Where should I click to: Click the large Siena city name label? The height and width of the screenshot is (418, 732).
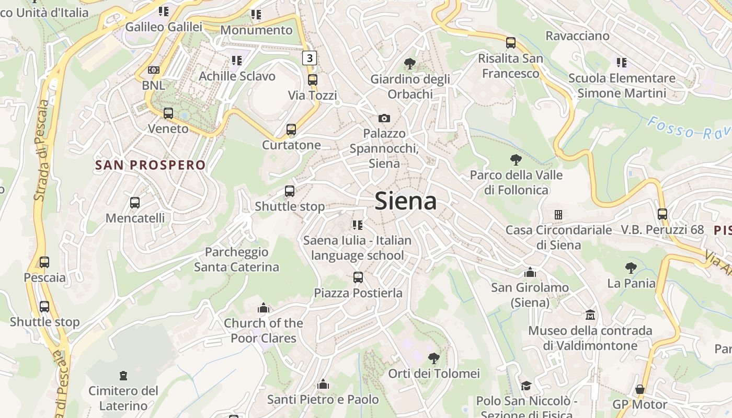[x=406, y=201]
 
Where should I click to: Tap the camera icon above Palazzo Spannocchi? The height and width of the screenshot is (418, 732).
[x=384, y=118]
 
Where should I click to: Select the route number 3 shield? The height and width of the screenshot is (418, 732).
[x=310, y=57]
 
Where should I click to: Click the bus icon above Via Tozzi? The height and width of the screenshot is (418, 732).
[x=313, y=80]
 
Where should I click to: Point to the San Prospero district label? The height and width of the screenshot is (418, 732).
[x=151, y=166]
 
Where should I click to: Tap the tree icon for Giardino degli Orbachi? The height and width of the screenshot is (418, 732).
[x=410, y=64]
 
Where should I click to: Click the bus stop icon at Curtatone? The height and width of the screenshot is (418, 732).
[x=291, y=129]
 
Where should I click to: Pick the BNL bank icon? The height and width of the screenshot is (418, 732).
[x=153, y=69]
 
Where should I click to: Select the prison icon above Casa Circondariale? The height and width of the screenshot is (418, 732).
[x=558, y=214]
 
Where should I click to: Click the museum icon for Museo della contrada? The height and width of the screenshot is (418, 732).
[x=590, y=315]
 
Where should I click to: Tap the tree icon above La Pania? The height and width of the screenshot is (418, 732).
[x=631, y=268]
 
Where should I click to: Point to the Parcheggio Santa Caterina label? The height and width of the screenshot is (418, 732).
[x=236, y=260]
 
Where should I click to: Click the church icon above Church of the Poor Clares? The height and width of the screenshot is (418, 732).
[x=264, y=308]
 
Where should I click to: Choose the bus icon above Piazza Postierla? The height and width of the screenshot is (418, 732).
[x=358, y=277]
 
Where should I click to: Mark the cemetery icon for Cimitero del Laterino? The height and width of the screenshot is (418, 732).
[x=123, y=375]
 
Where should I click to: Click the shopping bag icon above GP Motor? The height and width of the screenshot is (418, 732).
[x=639, y=389]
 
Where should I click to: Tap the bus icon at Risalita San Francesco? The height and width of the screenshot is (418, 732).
[x=511, y=43]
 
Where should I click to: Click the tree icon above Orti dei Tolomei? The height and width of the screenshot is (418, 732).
[x=433, y=358]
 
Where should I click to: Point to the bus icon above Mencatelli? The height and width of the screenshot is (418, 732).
[x=135, y=202]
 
